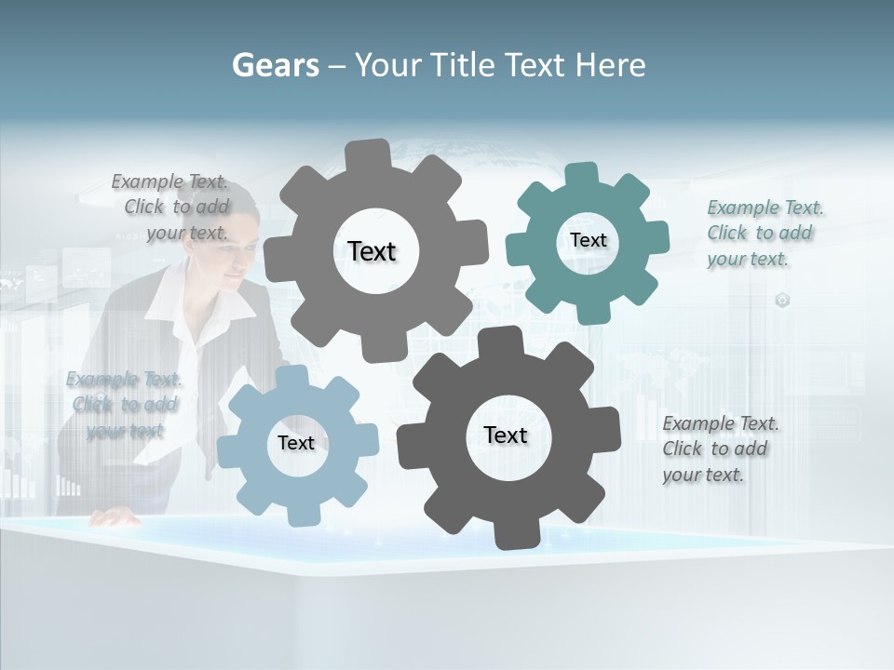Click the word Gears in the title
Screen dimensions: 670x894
click(276, 65)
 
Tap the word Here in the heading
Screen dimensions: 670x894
click(610, 65)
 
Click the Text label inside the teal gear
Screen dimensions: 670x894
click(588, 240)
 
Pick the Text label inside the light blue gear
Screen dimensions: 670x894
click(296, 443)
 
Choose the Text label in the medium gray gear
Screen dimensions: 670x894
click(372, 251)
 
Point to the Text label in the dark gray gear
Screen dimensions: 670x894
click(506, 435)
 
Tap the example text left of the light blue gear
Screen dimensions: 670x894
click(124, 404)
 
